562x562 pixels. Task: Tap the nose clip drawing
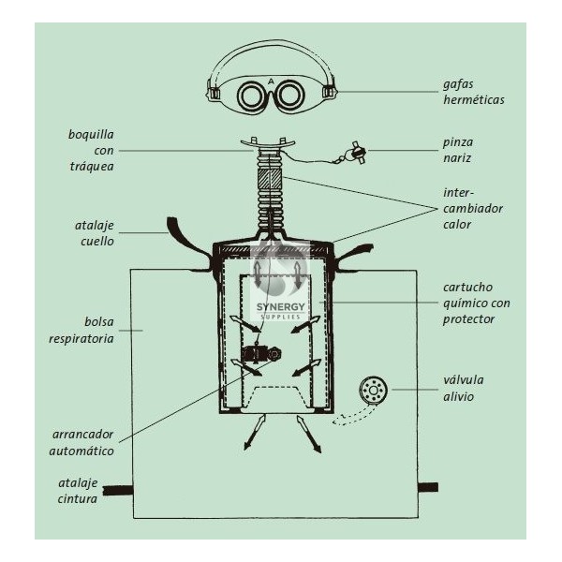pos(356,152)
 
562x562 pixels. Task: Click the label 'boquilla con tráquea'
pos(91,150)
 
